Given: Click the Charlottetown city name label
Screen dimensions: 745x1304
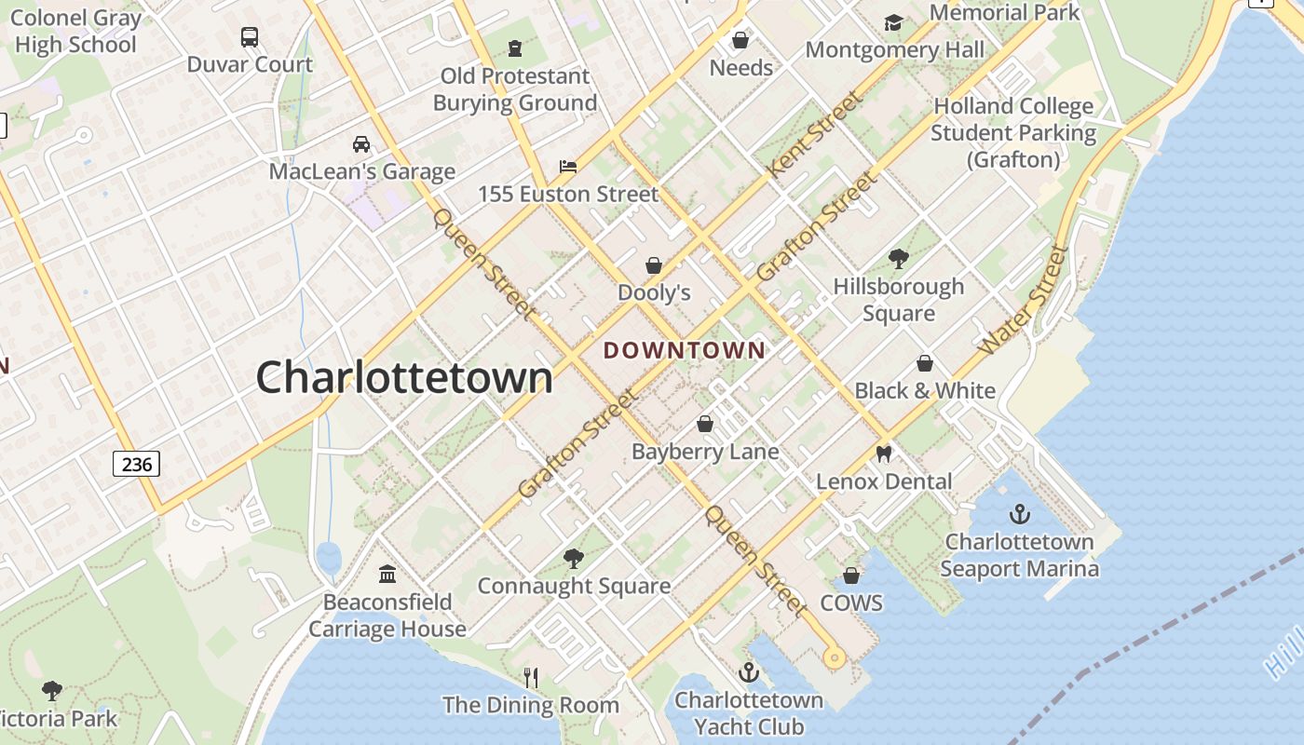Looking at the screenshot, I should [404, 378].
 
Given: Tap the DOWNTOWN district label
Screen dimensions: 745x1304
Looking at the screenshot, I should [685, 351].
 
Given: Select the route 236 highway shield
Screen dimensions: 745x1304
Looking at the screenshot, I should [136, 463].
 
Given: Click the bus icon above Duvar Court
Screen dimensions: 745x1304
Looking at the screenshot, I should [250, 37].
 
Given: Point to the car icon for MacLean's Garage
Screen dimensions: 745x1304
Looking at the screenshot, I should [361, 144].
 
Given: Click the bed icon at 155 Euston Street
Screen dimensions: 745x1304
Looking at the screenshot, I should [568, 167].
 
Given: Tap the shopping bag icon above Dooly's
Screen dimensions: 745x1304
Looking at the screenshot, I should [654, 265].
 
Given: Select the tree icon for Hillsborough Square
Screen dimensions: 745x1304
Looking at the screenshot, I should [898, 258].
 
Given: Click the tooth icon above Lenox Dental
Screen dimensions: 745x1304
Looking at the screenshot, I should [884, 454].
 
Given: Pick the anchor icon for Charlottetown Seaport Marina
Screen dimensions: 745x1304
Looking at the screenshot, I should [1020, 514].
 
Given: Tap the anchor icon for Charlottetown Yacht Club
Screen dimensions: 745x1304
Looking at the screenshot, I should [748, 672].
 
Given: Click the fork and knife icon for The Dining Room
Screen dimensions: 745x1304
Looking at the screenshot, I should [531, 677].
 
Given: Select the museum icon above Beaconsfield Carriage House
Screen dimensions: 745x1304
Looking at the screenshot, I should [387, 574].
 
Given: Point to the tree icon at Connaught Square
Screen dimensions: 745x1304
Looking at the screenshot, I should [574, 558].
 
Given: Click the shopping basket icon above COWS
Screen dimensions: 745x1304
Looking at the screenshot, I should [850, 576].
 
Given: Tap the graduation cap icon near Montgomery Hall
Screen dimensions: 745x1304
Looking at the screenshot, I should [893, 22].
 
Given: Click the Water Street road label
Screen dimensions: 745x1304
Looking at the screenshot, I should [1023, 300].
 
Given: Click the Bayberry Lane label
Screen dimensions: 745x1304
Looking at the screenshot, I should [705, 453].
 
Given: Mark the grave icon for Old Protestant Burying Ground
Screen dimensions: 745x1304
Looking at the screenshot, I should [515, 47].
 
